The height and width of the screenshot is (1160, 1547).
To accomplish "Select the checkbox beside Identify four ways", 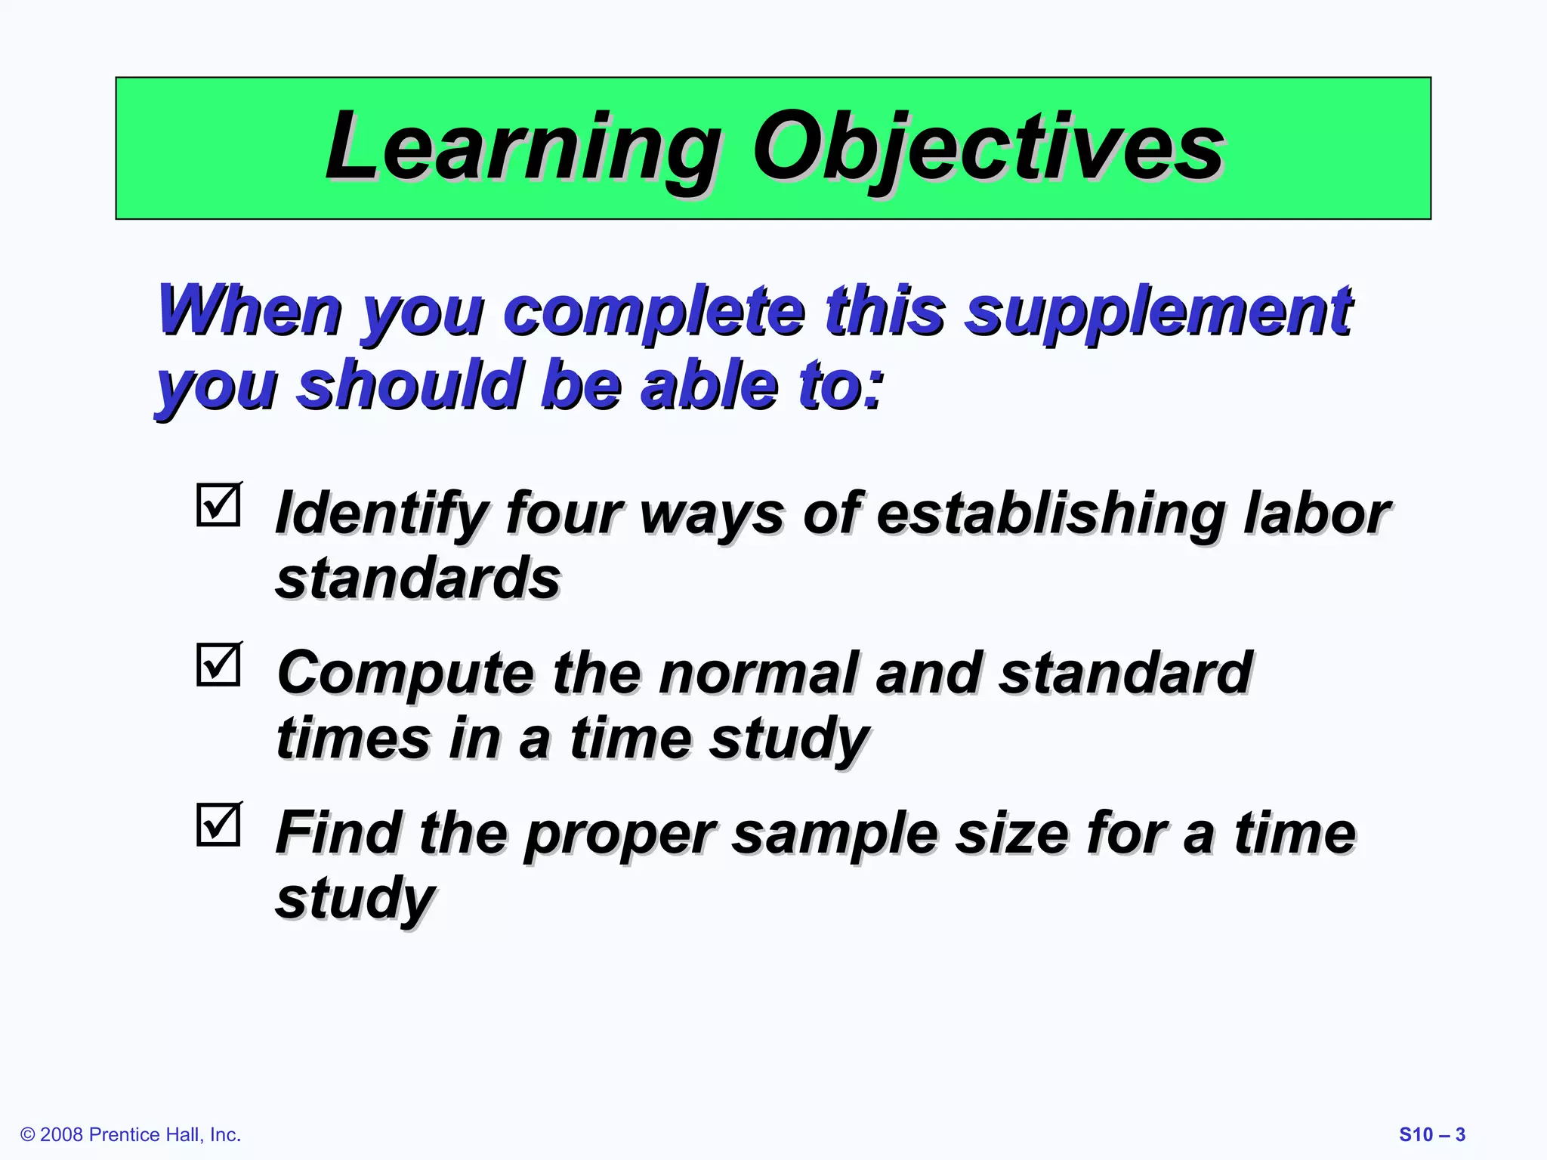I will point(218,504).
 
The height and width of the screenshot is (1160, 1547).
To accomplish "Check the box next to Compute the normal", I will point(218,665).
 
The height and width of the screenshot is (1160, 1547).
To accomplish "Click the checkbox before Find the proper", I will point(218,824).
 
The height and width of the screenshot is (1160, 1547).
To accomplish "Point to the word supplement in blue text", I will point(1159,312).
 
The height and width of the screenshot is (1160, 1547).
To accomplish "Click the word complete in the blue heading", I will point(654,312).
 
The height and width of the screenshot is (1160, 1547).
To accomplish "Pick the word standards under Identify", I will point(418,578).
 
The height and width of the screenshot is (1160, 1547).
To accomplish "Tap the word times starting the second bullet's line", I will point(352,739).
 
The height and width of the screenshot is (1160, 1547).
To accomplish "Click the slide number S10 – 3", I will point(1431,1134).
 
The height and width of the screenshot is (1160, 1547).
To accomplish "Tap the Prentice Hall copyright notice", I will point(131,1134).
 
